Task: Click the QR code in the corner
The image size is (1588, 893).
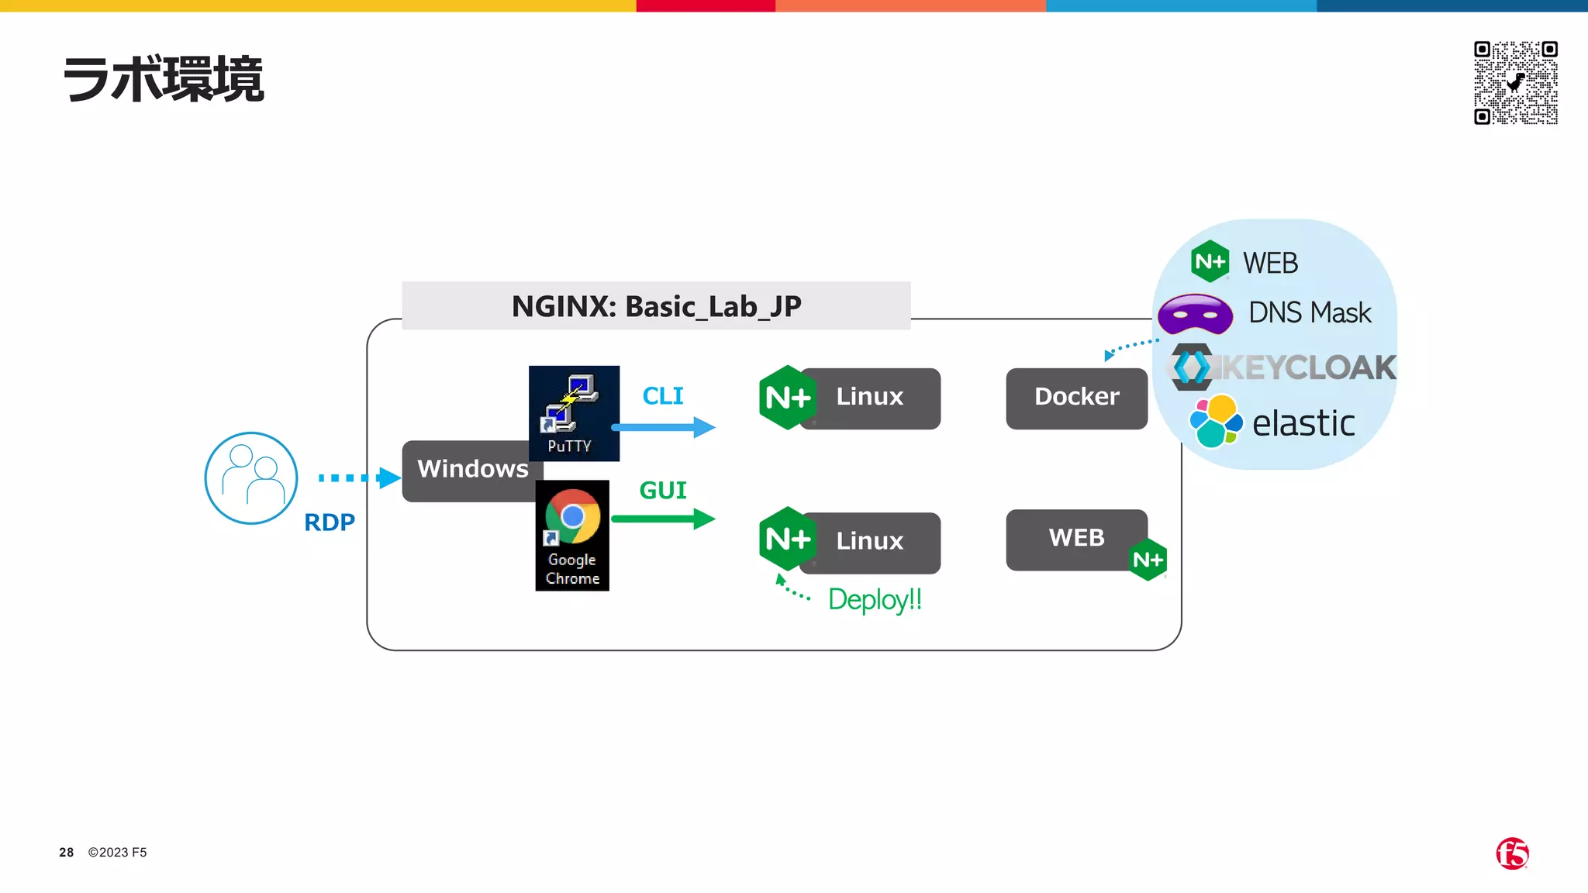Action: (x=1516, y=82)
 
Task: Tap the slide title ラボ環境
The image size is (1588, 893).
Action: (x=163, y=79)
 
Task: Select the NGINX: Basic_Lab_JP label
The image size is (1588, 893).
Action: (x=656, y=306)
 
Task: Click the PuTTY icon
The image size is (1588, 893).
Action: (x=574, y=412)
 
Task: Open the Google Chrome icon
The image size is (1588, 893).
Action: (x=572, y=535)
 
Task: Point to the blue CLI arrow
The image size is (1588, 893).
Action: (x=664, y=427)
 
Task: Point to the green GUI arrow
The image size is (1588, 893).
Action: (x=664, y=519)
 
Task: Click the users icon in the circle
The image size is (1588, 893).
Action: (x=251, y=478)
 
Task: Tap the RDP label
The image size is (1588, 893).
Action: (x=330, y=522)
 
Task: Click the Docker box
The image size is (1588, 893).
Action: (x=1076, y=398)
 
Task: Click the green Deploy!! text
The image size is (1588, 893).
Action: (x=875, y=599)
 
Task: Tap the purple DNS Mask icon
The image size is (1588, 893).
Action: (x=1195, y=314)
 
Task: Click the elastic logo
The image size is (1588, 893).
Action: (x=1215, y=421)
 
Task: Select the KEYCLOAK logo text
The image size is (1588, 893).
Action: (x=1307, y=367)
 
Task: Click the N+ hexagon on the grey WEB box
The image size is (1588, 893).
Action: (x=1148, y=560)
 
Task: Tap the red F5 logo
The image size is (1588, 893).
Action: (x=1512, y=853)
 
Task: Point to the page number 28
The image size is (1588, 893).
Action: (x=67, y=852)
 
